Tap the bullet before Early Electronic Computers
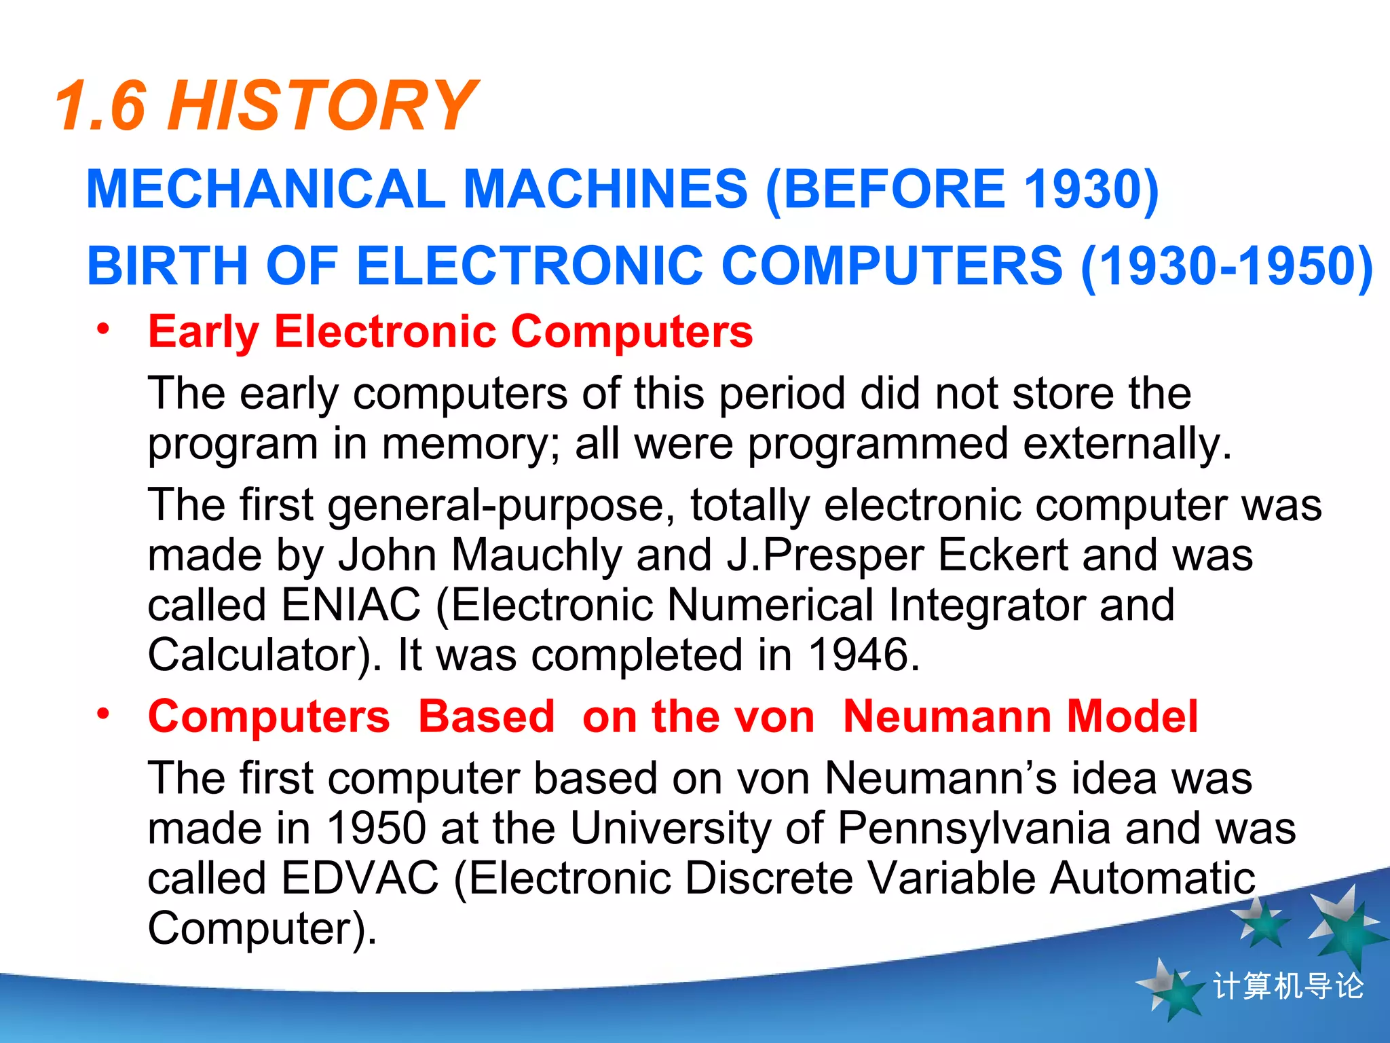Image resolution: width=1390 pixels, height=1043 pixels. pos(103,329)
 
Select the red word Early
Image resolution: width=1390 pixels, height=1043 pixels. pos(204,332)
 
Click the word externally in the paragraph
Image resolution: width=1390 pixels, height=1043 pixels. pos(1127,444)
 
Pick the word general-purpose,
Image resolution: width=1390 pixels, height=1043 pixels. pos(502,506)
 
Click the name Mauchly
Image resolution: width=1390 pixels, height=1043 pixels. pos(536,555)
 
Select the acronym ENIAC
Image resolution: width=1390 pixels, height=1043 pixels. pos(351,605)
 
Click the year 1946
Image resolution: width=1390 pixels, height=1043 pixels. pos(863,655)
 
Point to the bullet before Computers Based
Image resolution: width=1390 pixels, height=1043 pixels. pos(103,714)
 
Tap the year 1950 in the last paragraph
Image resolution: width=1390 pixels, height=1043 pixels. pos(376,828)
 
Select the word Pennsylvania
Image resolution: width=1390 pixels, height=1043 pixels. pos(973,828)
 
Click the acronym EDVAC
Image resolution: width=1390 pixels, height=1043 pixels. pos(360,878)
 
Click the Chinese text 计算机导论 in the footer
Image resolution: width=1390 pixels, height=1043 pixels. pos(1288,987)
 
